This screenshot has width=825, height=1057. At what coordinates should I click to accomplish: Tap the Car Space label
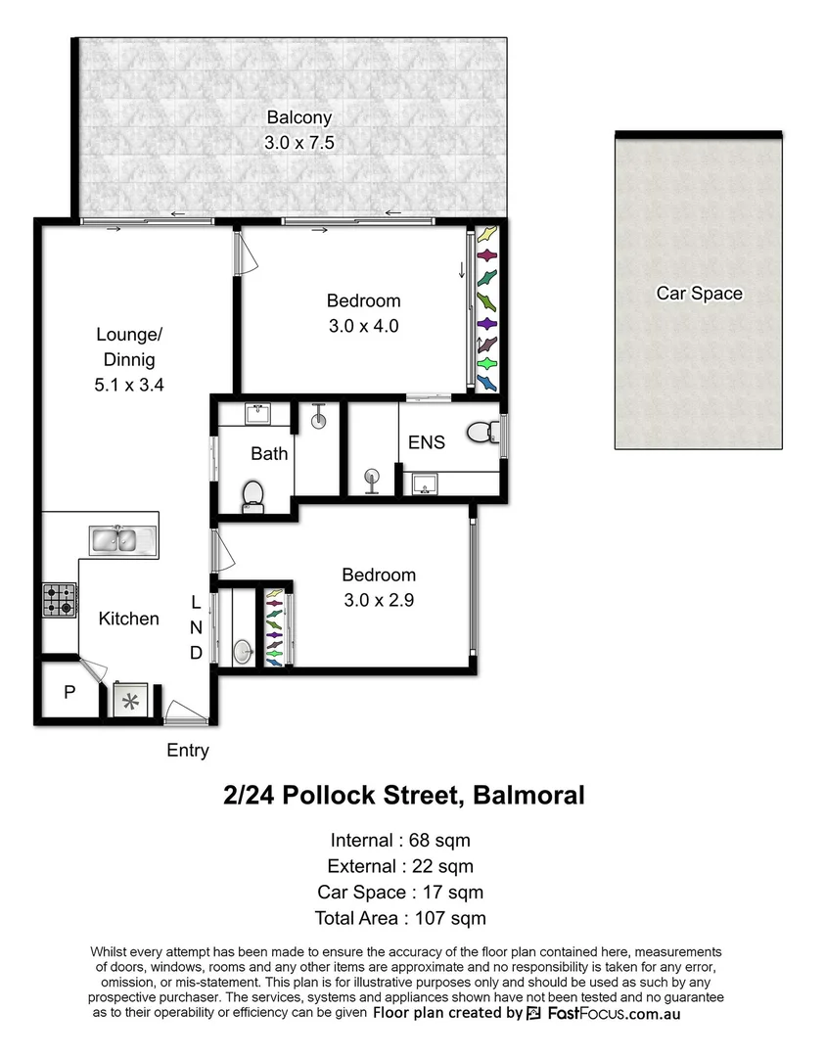point(699,293)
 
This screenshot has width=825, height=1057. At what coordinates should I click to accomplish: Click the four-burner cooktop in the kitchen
point(59,599)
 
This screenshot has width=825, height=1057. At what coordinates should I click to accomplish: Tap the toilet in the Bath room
point(253,493)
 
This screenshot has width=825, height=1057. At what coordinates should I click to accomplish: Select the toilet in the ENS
point(482,433)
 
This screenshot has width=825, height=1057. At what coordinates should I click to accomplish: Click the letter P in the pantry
point(69,692)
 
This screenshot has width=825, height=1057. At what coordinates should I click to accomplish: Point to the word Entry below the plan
point(188,751)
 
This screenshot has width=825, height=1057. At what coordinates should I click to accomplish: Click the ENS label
point(427,442)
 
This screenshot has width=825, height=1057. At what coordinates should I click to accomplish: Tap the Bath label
point(269,453)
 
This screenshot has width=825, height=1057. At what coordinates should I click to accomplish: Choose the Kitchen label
point(128,619)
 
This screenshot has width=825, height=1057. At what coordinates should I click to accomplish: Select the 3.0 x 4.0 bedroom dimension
point(363,326)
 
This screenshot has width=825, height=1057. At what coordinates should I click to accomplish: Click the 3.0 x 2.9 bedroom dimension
point(379,601)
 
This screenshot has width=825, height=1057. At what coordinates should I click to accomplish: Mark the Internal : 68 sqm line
point(400,840)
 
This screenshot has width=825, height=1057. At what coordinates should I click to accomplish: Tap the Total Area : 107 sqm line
point(400,918)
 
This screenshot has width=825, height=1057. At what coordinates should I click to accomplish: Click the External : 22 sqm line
point(400,866)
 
